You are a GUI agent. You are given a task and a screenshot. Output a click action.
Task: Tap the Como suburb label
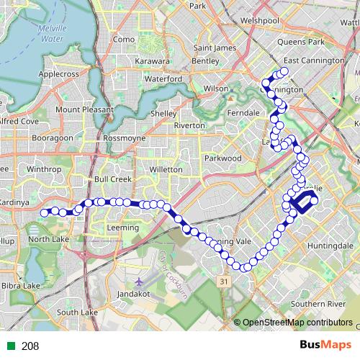[124, 39]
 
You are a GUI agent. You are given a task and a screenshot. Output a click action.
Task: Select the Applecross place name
[63, 73]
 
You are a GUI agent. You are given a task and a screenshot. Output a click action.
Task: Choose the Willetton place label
[165, 169]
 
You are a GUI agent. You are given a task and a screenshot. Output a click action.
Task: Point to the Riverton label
[189, 125]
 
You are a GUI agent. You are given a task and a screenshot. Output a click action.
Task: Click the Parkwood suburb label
[222, 158]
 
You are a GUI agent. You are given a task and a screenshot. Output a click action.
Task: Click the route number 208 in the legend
[30, 346]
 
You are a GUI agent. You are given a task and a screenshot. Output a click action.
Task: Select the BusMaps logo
[320, 346]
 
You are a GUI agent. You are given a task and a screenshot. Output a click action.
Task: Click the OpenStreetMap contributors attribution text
[297, 323]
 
